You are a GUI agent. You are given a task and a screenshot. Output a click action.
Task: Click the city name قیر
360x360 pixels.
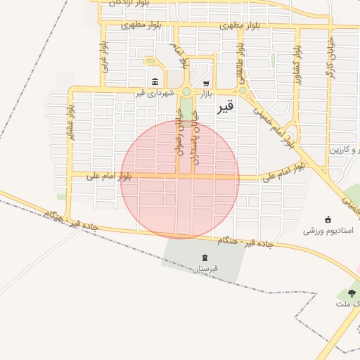click(225, 108)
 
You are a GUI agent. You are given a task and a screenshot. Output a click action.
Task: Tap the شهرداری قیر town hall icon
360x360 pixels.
click(155, 81)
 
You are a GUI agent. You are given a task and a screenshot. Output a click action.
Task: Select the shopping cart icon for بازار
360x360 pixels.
click(205, 82)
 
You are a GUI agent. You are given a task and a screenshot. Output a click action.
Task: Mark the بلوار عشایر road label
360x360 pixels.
click(71, 122)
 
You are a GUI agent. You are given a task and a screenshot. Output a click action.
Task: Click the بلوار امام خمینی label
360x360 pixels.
click(271, 126)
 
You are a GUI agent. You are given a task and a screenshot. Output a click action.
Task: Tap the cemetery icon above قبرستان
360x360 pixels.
click(205, 257)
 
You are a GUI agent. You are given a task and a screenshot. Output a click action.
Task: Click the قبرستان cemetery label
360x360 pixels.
click(205, 269)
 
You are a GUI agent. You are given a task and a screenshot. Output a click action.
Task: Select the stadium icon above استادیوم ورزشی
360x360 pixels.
click(328, 219)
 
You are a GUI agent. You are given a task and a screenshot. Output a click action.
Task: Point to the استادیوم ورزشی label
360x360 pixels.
click(328, 230)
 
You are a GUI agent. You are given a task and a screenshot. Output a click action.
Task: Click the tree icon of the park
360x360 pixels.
click(351, 292)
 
